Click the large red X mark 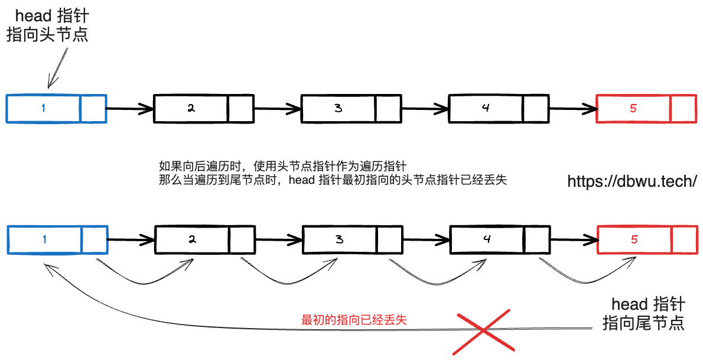pos(482,331)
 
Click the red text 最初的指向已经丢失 pos(354,320)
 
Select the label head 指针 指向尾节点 pos(645,314)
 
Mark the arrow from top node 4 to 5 pos(573,109)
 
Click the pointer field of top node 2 pos(240,108)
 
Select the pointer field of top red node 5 pos(683,108)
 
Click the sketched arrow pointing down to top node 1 pos(57,68)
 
